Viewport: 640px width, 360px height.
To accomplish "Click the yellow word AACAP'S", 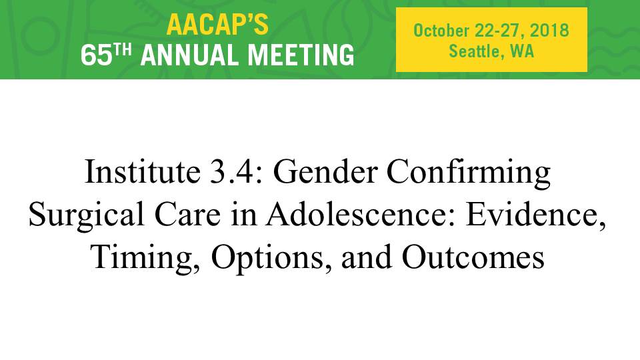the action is (x=217, y=25).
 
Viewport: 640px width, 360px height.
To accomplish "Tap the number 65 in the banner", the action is (x=96, y=55).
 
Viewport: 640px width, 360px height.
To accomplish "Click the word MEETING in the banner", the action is (x=301, y=55).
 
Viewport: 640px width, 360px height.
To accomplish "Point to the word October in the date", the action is (x=441, y=31).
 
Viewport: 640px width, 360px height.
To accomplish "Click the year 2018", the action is (x=549, y=31).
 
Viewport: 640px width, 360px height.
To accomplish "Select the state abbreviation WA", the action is (x=522, y=51).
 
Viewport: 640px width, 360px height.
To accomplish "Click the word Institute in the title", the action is (x=142, y=171).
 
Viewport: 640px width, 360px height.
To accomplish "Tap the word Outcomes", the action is (x=473, y=257).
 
